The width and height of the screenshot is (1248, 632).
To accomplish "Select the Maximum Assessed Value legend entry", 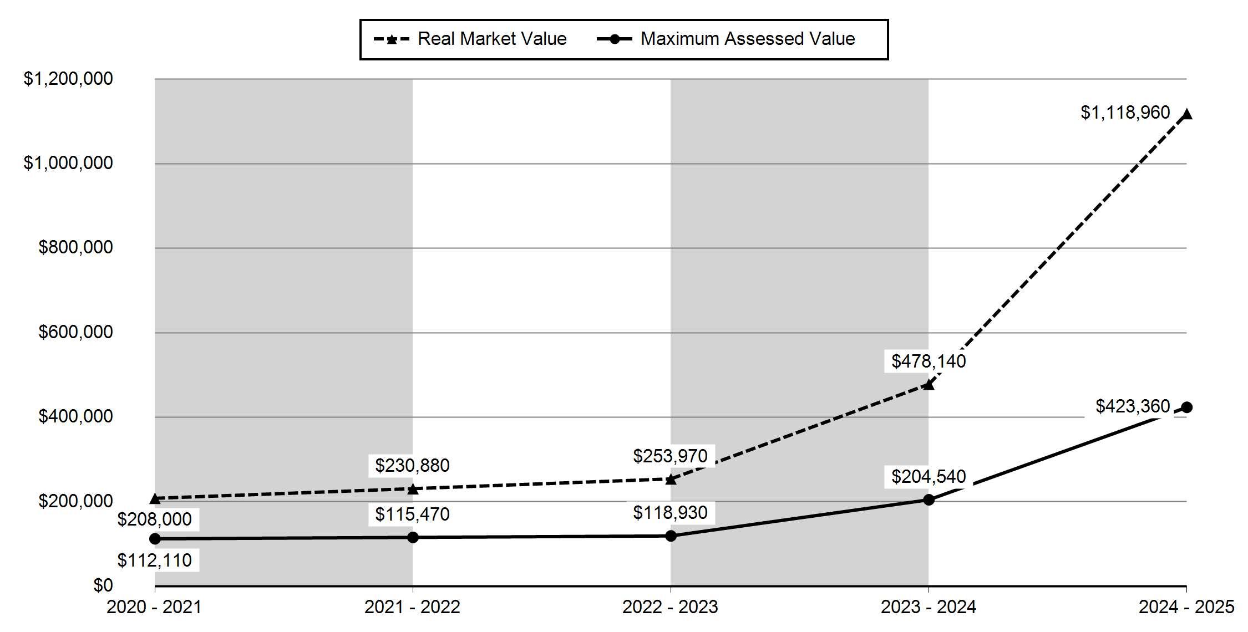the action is click(x=726, y=39).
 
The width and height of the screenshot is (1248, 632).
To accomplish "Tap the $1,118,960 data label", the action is click(x=1125, y=113).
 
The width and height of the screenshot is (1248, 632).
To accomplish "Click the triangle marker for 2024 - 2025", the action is click(x=1186, y=115).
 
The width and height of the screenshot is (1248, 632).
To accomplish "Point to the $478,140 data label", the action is click(x=929, y=361).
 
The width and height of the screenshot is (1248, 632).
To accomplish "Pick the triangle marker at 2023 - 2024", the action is click(x=929, y=384).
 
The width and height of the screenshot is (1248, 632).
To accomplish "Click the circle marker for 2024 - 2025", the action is click(x=1186, y=407).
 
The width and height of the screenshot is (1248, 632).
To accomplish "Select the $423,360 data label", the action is click(x=1133, y=406).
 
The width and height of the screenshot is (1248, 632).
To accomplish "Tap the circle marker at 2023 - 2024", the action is click(x=929, y=500).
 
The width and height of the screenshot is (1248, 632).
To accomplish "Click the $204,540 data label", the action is click(x=929, y=477).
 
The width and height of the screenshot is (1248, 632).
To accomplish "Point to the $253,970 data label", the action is click(x=670, y=456).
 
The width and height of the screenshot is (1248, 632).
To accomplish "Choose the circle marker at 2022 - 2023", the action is click(x=671, y=536).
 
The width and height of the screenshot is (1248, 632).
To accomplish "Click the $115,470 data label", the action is click(x=412, y=514).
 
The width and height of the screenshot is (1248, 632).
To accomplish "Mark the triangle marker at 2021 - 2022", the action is click(x=413, y=489).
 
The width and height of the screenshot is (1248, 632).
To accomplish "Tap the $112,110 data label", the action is click(x=154, y=560).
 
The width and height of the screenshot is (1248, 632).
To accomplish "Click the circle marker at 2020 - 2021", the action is click(x=155, y=539).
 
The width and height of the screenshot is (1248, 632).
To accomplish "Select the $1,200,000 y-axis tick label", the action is click(x=68, y=79).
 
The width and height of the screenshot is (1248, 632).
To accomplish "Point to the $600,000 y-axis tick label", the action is click(x=75, y=332).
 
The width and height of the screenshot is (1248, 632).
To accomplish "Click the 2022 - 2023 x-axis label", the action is click(x=670, y=607).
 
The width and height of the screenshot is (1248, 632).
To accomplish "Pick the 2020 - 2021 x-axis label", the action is click(x=154, y=607).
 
